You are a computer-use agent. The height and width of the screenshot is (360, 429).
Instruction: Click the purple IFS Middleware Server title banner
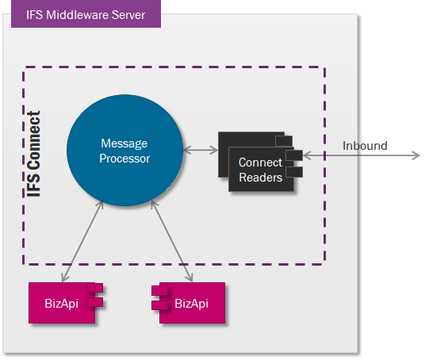86,13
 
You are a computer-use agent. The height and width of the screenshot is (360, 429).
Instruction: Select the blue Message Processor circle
124,150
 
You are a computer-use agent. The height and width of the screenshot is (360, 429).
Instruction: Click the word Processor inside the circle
124,159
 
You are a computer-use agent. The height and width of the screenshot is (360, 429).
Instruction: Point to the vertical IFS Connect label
34,154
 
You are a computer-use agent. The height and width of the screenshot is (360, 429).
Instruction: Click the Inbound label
365,146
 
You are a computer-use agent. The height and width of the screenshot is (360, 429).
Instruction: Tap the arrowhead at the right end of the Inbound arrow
416,155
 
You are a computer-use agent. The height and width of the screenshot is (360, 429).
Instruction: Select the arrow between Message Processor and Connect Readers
201,150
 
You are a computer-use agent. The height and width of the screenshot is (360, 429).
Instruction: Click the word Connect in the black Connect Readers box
260,163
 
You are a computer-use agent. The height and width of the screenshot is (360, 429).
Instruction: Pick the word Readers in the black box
260,178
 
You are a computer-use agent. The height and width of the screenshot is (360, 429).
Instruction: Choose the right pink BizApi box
189,303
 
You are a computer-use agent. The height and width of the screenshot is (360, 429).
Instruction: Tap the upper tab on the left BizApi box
95,288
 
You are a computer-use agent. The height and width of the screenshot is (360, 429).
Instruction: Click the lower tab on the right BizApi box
159,305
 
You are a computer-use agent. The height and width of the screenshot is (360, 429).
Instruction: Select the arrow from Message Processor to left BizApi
82,241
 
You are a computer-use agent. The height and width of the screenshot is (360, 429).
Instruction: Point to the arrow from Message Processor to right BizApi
172,241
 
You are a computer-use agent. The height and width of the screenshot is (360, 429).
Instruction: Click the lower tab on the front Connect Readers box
294,172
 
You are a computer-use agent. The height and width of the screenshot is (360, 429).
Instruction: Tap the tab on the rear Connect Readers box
284,141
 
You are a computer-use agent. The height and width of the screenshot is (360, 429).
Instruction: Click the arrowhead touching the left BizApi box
64,278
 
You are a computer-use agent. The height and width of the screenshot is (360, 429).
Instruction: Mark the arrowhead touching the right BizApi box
190,278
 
